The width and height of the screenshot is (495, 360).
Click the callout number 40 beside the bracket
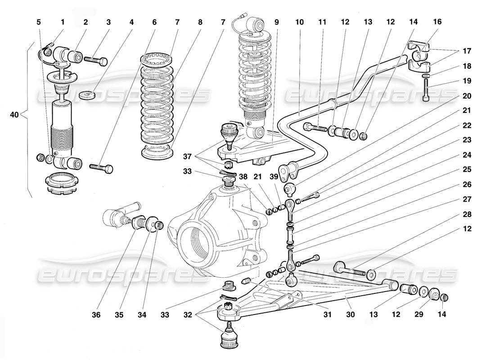(14, 115)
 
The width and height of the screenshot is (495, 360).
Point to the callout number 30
(351, 315)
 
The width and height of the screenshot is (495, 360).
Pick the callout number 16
(437, 22)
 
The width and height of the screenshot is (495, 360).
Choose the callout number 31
(327, 315)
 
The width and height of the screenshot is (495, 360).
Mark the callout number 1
(63, 22)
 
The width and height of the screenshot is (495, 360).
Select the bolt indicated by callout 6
(102, 168)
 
